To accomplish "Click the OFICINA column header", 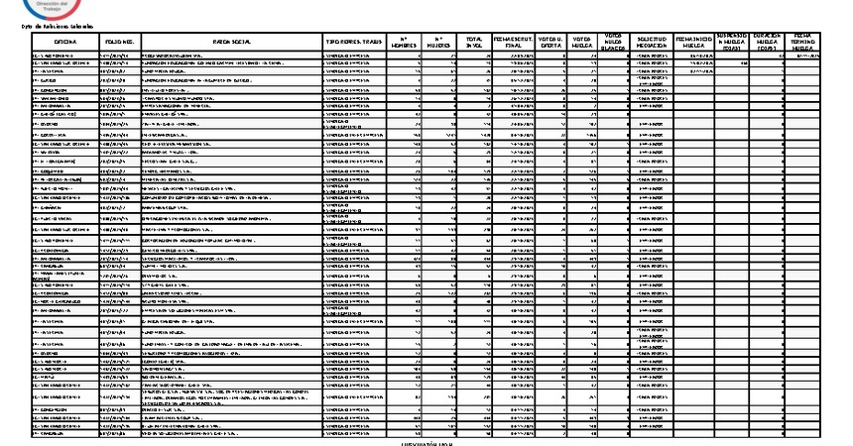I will click(x=66, y=43).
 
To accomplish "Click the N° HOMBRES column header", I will click(x=404, y=43).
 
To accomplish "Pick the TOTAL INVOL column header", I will click(x=474, y=43).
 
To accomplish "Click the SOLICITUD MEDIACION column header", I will click(x=652, y=43).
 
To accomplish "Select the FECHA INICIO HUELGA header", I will click(x=694, y=43).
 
